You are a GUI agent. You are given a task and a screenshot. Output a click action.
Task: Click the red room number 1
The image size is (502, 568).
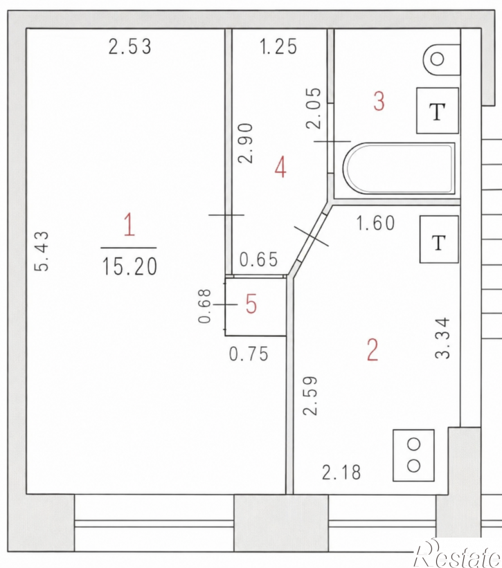(x=129, y=225)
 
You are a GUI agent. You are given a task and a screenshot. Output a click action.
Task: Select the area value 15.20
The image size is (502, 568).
(x=129, y=266)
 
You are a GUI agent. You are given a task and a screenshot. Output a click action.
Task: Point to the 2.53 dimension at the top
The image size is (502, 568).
(x=129, y=47)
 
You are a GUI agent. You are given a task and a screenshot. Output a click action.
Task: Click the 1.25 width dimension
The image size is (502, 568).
(x=278, y=47)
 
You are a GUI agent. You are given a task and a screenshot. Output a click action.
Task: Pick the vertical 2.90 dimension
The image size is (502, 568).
(x=245, y=143)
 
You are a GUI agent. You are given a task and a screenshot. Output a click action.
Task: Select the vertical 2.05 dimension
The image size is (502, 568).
(x=314, y=109)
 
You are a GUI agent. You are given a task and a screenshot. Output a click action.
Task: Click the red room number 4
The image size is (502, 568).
(x=280, y=168)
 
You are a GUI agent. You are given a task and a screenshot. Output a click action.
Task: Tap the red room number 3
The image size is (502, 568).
(x=379, y=102)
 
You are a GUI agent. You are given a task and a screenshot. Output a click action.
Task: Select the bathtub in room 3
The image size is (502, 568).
(x=399, y=168)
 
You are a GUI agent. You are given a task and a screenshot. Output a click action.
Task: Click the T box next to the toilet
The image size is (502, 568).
(x=438, y=111)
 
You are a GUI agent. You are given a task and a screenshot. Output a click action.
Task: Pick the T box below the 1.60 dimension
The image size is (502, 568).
(x=439, y=239)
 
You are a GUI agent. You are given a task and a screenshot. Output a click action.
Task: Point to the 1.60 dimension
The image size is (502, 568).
(x=375, y=223)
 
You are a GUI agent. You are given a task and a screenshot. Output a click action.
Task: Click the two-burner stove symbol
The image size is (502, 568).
(x=413, y=455)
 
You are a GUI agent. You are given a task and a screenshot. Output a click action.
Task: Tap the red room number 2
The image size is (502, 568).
(x=373, y=350)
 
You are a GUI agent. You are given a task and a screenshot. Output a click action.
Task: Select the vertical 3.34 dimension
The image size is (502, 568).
(x=442, y=338)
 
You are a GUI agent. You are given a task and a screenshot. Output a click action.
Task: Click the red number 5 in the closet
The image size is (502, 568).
(x=251, y=304)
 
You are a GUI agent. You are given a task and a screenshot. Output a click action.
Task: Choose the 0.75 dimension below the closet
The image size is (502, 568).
(x=249, y=354)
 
